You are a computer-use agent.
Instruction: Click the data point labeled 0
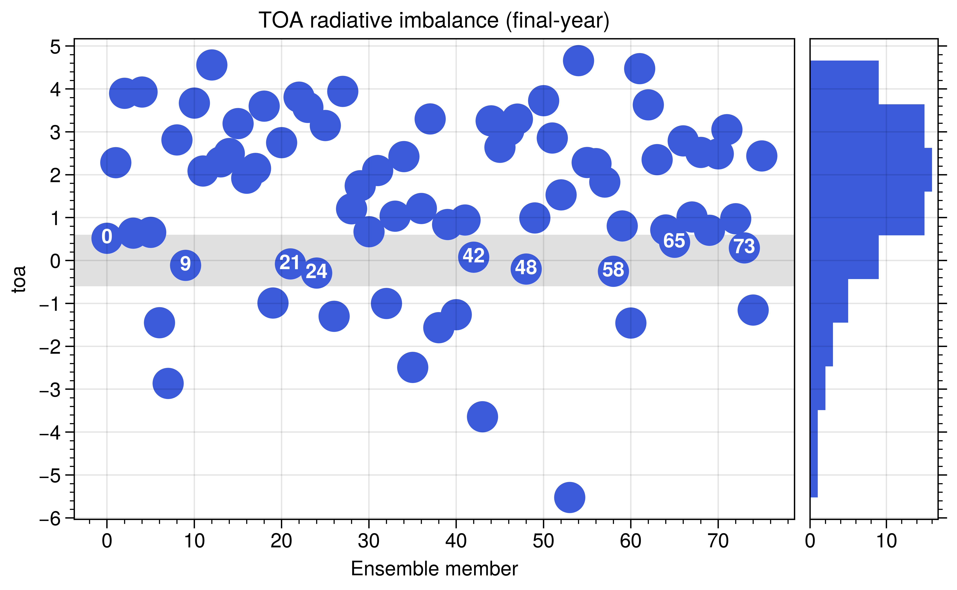point(107,238)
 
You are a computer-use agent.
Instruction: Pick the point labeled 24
point(317,272)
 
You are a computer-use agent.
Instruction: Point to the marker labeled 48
point(526,268)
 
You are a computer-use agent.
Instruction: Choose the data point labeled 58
point(613,271)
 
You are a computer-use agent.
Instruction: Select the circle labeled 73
point(744,247)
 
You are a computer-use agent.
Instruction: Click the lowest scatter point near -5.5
point(569,497)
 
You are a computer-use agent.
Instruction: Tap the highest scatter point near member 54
point(578,61)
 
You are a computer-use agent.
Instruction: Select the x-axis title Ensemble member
point(434,569)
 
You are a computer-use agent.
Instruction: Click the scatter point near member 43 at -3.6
point(482,416)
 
